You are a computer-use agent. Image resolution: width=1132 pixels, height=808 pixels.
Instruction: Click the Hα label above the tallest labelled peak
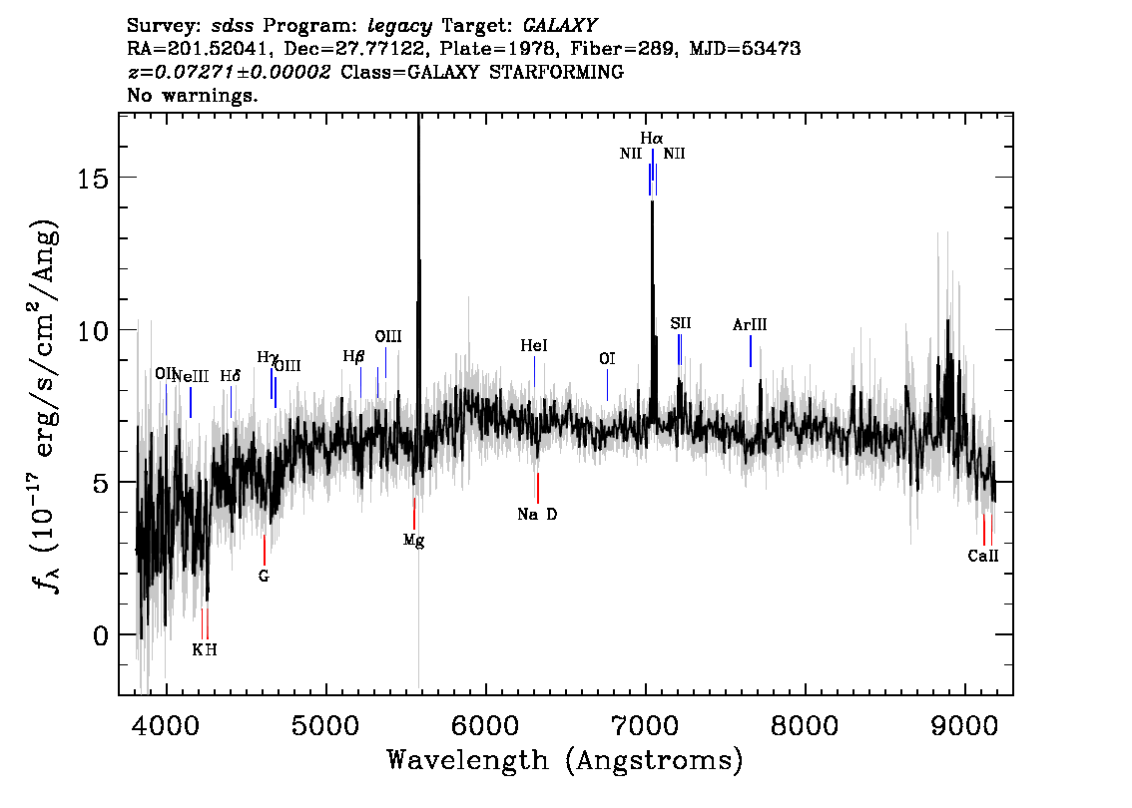point(651,138)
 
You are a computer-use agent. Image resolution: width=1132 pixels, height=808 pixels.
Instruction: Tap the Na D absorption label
point(537,515)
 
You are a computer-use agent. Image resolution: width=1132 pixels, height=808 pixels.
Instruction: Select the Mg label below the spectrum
point(413,541)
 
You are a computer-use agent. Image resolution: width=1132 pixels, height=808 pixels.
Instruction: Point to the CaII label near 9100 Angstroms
point(983,556)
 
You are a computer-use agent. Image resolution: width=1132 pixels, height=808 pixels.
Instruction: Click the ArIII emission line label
point(750,324)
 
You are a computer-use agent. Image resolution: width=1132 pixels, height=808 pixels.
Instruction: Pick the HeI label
point(533,345)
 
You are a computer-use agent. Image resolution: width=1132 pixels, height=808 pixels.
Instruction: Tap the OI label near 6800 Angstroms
point(607,358)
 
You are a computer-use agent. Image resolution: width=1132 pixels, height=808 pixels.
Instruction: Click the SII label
point(680,323)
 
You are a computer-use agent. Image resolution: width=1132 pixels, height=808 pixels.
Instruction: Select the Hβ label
point(353,356)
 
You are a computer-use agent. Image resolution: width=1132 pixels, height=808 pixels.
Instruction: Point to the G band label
point(264,577)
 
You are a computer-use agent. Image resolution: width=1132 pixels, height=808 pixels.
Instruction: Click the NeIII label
point(191,376)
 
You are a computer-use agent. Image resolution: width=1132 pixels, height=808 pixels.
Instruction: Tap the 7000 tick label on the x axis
point(646,725)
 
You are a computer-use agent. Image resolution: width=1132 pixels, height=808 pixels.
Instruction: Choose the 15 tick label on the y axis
point(93,178)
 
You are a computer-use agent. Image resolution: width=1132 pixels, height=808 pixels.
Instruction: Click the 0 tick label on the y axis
point(101,635)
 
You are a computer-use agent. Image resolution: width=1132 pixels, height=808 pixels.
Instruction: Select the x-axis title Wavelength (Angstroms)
point(565,761)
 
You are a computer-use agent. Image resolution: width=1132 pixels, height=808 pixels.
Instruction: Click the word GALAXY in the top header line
point(559,26)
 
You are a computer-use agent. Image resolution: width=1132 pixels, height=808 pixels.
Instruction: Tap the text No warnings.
point(192,95)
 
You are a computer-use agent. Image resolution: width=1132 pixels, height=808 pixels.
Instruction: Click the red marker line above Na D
point(538,489)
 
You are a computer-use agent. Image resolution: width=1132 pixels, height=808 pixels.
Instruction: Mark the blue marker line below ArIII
point(750,351)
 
